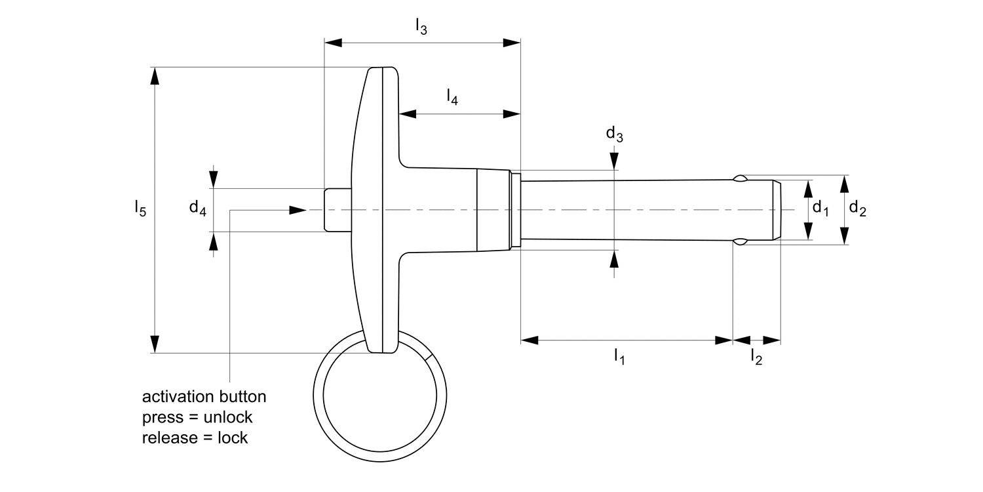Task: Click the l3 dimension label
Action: pos(421,27)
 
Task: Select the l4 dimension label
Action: pos(452,98)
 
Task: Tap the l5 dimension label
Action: pos(140,209)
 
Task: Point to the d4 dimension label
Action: pos(197,209)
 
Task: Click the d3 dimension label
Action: pos(614,135)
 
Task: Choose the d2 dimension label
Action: pos(857,209)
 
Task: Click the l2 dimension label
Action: pos(756,357)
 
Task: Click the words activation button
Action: pos(204,397)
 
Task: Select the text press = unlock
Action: pos(197,417)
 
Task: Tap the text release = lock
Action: pos(195,438)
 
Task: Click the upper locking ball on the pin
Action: pos(739,178)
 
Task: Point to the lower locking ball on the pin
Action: pos(739,242)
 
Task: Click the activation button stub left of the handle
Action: pos(337,209)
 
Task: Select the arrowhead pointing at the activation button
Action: pos(298,210)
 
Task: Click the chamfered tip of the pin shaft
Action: pos(777,209)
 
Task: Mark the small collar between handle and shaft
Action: pos(515,209)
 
